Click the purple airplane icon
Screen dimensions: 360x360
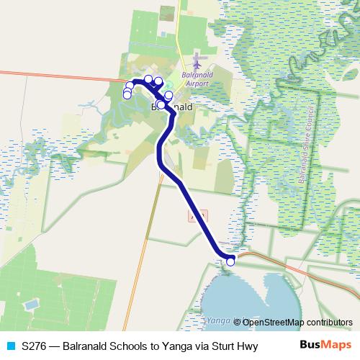coord(199,59)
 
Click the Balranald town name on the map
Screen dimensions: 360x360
coord(173,107)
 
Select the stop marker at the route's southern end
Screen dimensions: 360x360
coord(230,261)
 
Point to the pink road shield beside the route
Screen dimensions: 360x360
coord(196,215)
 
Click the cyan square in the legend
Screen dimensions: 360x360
coord(10,346)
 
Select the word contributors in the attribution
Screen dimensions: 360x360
coord(330,322)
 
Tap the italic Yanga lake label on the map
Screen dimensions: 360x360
coord(217,319)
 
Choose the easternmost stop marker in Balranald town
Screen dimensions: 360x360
coord(168,95)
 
